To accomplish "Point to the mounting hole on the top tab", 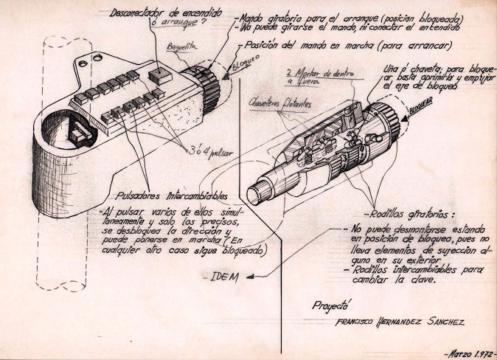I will (93, 58).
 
